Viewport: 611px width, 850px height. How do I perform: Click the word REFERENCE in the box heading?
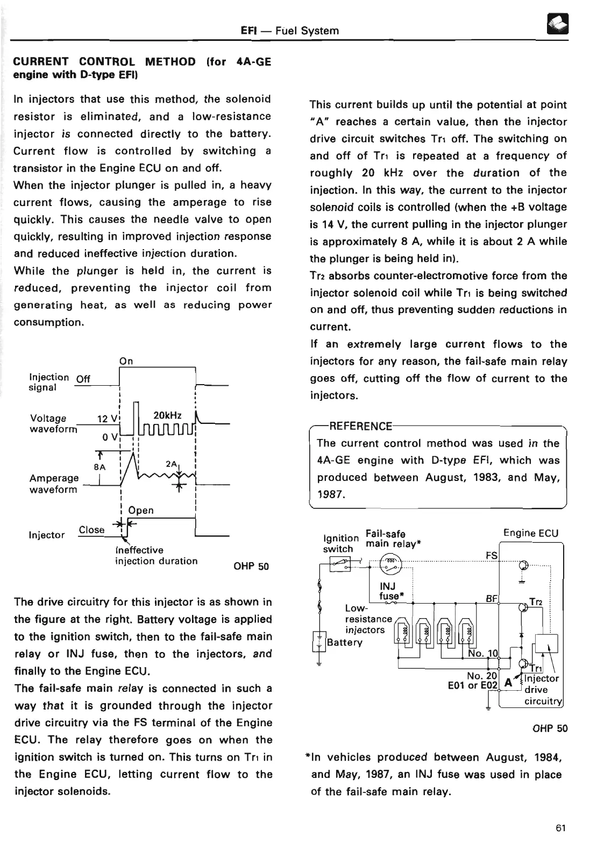[360, 427]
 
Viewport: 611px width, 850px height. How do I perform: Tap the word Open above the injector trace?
[141, 510]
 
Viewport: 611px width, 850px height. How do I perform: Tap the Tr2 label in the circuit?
[535, 603]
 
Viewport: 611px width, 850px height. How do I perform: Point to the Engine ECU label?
[530, 533]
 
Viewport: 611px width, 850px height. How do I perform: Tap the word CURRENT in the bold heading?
[40, 61]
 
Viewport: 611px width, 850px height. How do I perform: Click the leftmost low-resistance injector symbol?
[402, 632]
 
